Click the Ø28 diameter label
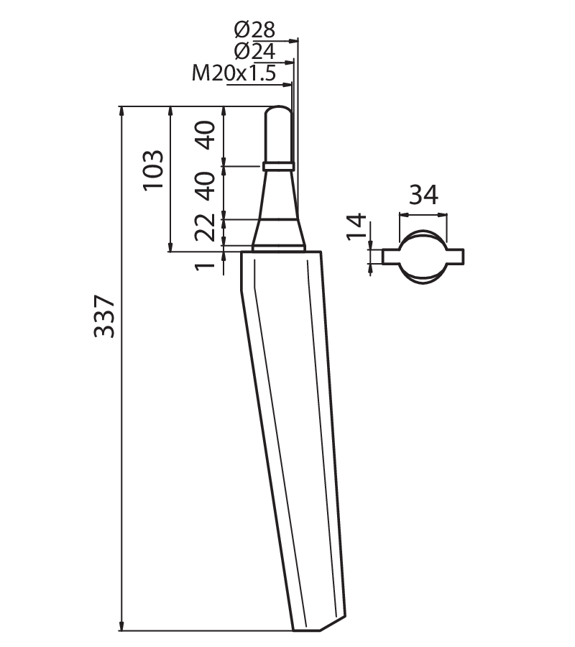coord(254,29)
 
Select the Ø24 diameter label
coord(254,52)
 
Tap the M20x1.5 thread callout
coord(234,73)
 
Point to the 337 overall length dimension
coord(104,316)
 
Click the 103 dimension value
coord(153,170)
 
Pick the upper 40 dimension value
coord(206,135)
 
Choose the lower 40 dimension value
coord(206,186)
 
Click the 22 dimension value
coord(206,227)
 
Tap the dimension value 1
coord(206,261)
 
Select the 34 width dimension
coord(423,195)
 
